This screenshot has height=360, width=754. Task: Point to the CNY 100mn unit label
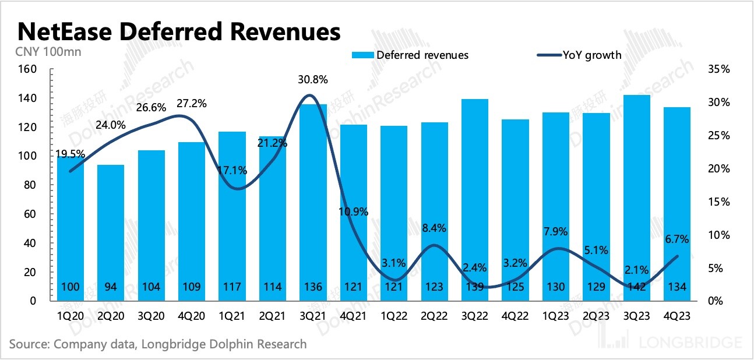[48, 51]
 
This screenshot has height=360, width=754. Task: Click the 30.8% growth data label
[313, 80]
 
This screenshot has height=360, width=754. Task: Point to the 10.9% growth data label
[354, 212]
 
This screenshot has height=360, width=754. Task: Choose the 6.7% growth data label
[677, 239]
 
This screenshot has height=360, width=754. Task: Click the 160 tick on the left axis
[29, 69]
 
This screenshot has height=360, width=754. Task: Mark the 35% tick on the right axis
[718, 69]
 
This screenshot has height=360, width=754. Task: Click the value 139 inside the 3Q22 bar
[475, 287]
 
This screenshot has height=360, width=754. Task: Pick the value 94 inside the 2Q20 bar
[111, 287]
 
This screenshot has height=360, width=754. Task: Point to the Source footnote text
[158, 344]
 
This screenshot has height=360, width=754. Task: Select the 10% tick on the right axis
[718, 235]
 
